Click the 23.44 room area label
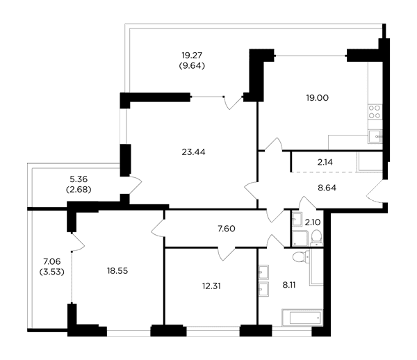click(x=193, y=152)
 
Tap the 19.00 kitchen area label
click(x=318, y=98)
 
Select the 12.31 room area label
click(x=211, y=286)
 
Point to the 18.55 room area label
click(x=117, y=271)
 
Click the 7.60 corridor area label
click(x=227, y=229)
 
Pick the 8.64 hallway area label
click(x=327, y=188)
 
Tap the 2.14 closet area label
click(x=325, y=162)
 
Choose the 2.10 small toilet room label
click(x=313, y=222)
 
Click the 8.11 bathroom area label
click(x=289, y=285)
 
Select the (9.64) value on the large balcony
click(x=192, y=65)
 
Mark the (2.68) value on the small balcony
click(x=79, y=190)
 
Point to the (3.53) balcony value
click(x=52, y=272)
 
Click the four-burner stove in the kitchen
click(x=375, y=112)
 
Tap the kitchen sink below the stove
click(x=375, y=136)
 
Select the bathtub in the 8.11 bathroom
click(x=302, y=318)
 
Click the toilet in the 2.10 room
click(x=316, y=238)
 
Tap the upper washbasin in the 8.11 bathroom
click(x=263, y=272)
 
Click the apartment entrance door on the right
click(x=375, y=191)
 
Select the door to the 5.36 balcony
click(x=136, y=185)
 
